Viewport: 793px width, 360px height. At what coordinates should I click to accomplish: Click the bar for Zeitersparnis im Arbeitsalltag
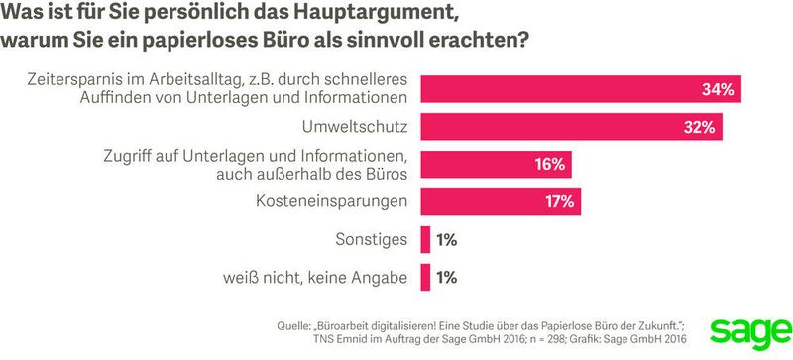(580, 89)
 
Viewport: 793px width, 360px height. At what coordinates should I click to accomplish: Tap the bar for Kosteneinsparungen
(501, 201)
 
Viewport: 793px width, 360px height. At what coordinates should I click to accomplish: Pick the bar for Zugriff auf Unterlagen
(496, 165)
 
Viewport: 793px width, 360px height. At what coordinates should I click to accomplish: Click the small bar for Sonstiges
(425, 239)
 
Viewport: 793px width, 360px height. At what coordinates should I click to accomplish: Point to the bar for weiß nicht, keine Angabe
(425, 277)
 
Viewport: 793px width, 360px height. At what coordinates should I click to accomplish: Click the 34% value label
(716, 90)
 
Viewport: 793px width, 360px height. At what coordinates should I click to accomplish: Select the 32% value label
(700, 127)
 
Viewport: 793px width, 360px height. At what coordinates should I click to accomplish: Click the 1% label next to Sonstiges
(446, 239)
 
